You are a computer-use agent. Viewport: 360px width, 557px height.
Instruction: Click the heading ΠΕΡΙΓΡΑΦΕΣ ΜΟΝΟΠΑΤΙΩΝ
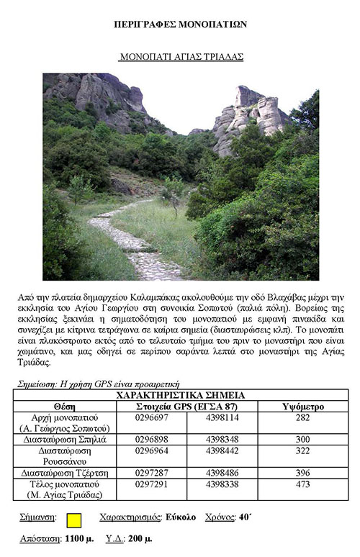180,24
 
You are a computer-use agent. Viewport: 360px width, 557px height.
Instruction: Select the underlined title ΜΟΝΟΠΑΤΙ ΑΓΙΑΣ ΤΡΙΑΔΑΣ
181,55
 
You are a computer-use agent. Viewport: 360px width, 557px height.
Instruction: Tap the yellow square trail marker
73,519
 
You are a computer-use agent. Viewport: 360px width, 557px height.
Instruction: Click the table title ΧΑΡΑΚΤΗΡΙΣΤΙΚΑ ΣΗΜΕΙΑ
180,395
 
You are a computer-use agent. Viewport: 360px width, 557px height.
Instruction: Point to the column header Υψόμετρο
302,407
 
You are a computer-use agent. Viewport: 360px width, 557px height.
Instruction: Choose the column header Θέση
65,407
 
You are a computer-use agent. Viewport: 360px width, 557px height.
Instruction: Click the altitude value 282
302,418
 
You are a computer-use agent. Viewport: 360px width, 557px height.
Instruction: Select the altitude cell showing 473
302,484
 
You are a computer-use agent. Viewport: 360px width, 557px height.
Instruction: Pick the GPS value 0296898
151,439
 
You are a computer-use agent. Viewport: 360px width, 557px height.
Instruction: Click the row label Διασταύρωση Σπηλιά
65,439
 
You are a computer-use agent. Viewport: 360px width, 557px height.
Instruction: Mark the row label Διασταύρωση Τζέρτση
65,473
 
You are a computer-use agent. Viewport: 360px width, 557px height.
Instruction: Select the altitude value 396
302,473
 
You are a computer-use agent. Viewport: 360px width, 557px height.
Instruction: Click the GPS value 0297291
151,484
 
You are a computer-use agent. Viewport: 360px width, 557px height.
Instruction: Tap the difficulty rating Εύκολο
180,517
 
